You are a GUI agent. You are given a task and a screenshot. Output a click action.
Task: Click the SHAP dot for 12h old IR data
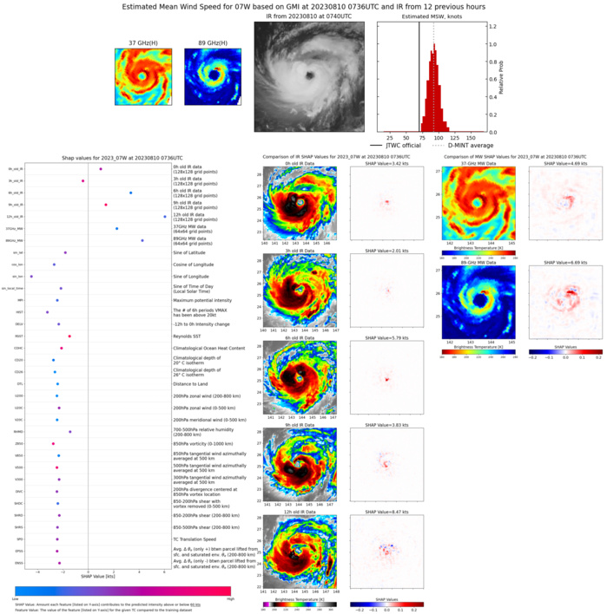165,217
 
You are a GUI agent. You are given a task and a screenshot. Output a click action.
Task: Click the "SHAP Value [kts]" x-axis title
98,576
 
